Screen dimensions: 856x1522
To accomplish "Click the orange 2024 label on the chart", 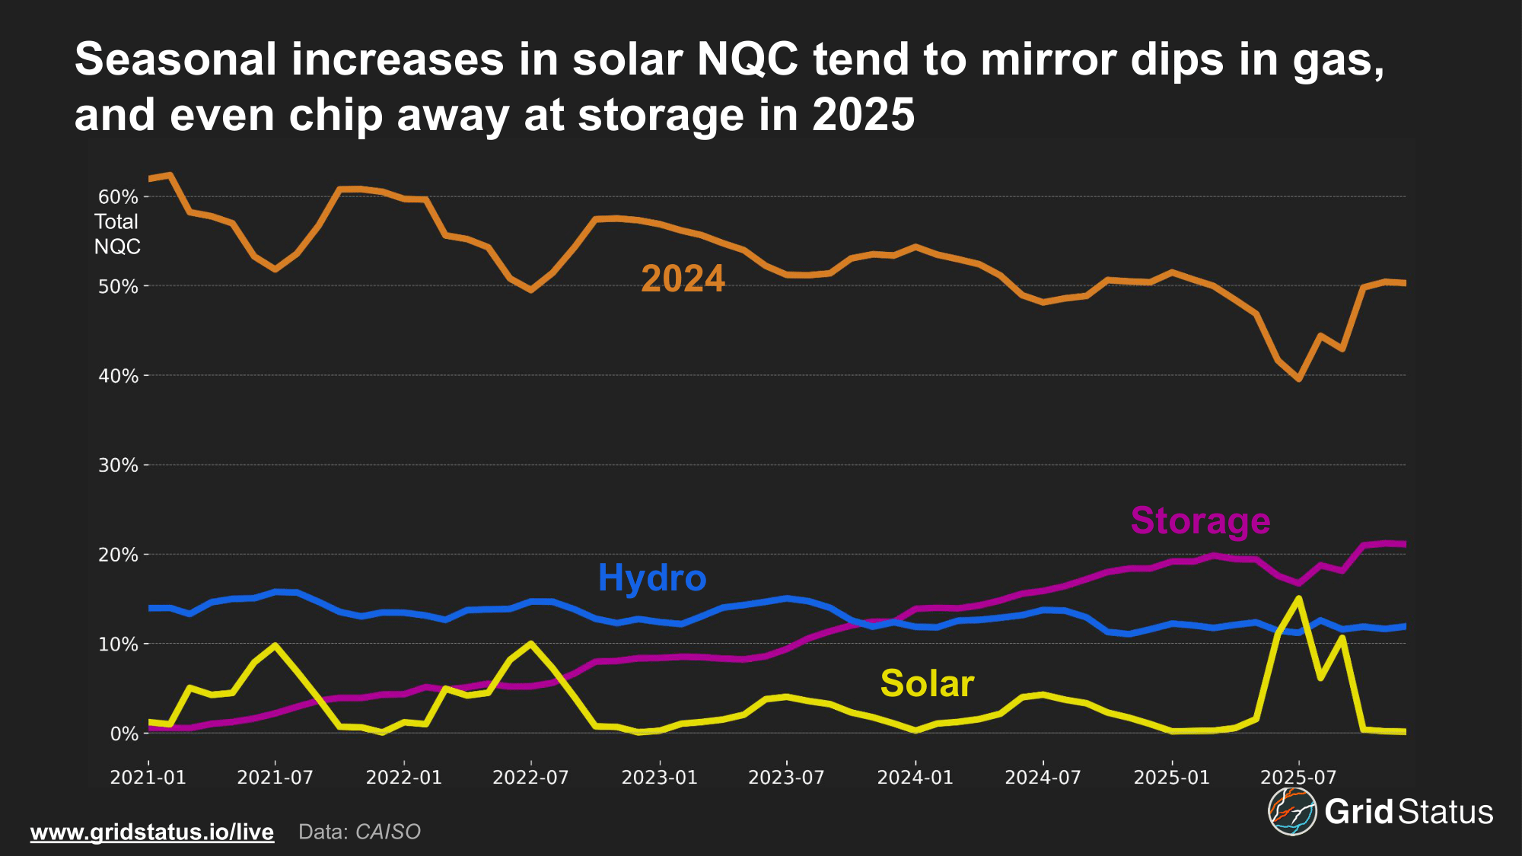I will (683, 278).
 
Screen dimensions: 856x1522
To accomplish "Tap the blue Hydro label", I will (652, 578).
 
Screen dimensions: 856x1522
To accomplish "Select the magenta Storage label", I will (1200, 520).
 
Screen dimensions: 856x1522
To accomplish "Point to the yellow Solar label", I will (927, 683).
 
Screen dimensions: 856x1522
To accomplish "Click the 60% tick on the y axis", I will (118, 197).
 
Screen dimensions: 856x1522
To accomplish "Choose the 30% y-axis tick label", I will (118, 465).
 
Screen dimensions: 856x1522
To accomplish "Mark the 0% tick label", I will (124, 733).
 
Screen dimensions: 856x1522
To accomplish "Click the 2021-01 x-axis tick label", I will (148, 778).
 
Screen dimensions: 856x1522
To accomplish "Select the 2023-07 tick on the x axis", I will (786, 778).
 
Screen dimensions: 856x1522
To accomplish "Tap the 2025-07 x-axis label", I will (1298, 778).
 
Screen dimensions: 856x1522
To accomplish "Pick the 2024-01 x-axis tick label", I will (915, 778).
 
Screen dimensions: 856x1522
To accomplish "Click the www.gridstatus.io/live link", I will (152, 832).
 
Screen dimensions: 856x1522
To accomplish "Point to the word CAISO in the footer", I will (388, 832).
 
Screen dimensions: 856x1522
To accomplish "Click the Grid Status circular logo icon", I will (1292, 812).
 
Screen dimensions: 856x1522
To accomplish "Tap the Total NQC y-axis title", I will (117, 234).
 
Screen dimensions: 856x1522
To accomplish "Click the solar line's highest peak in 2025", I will (1299, 598).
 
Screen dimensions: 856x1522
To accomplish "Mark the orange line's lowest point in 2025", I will (1299, 379).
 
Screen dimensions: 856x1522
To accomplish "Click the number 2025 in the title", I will (863, 115).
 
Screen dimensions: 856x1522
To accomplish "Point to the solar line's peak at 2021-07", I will (275, 645).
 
